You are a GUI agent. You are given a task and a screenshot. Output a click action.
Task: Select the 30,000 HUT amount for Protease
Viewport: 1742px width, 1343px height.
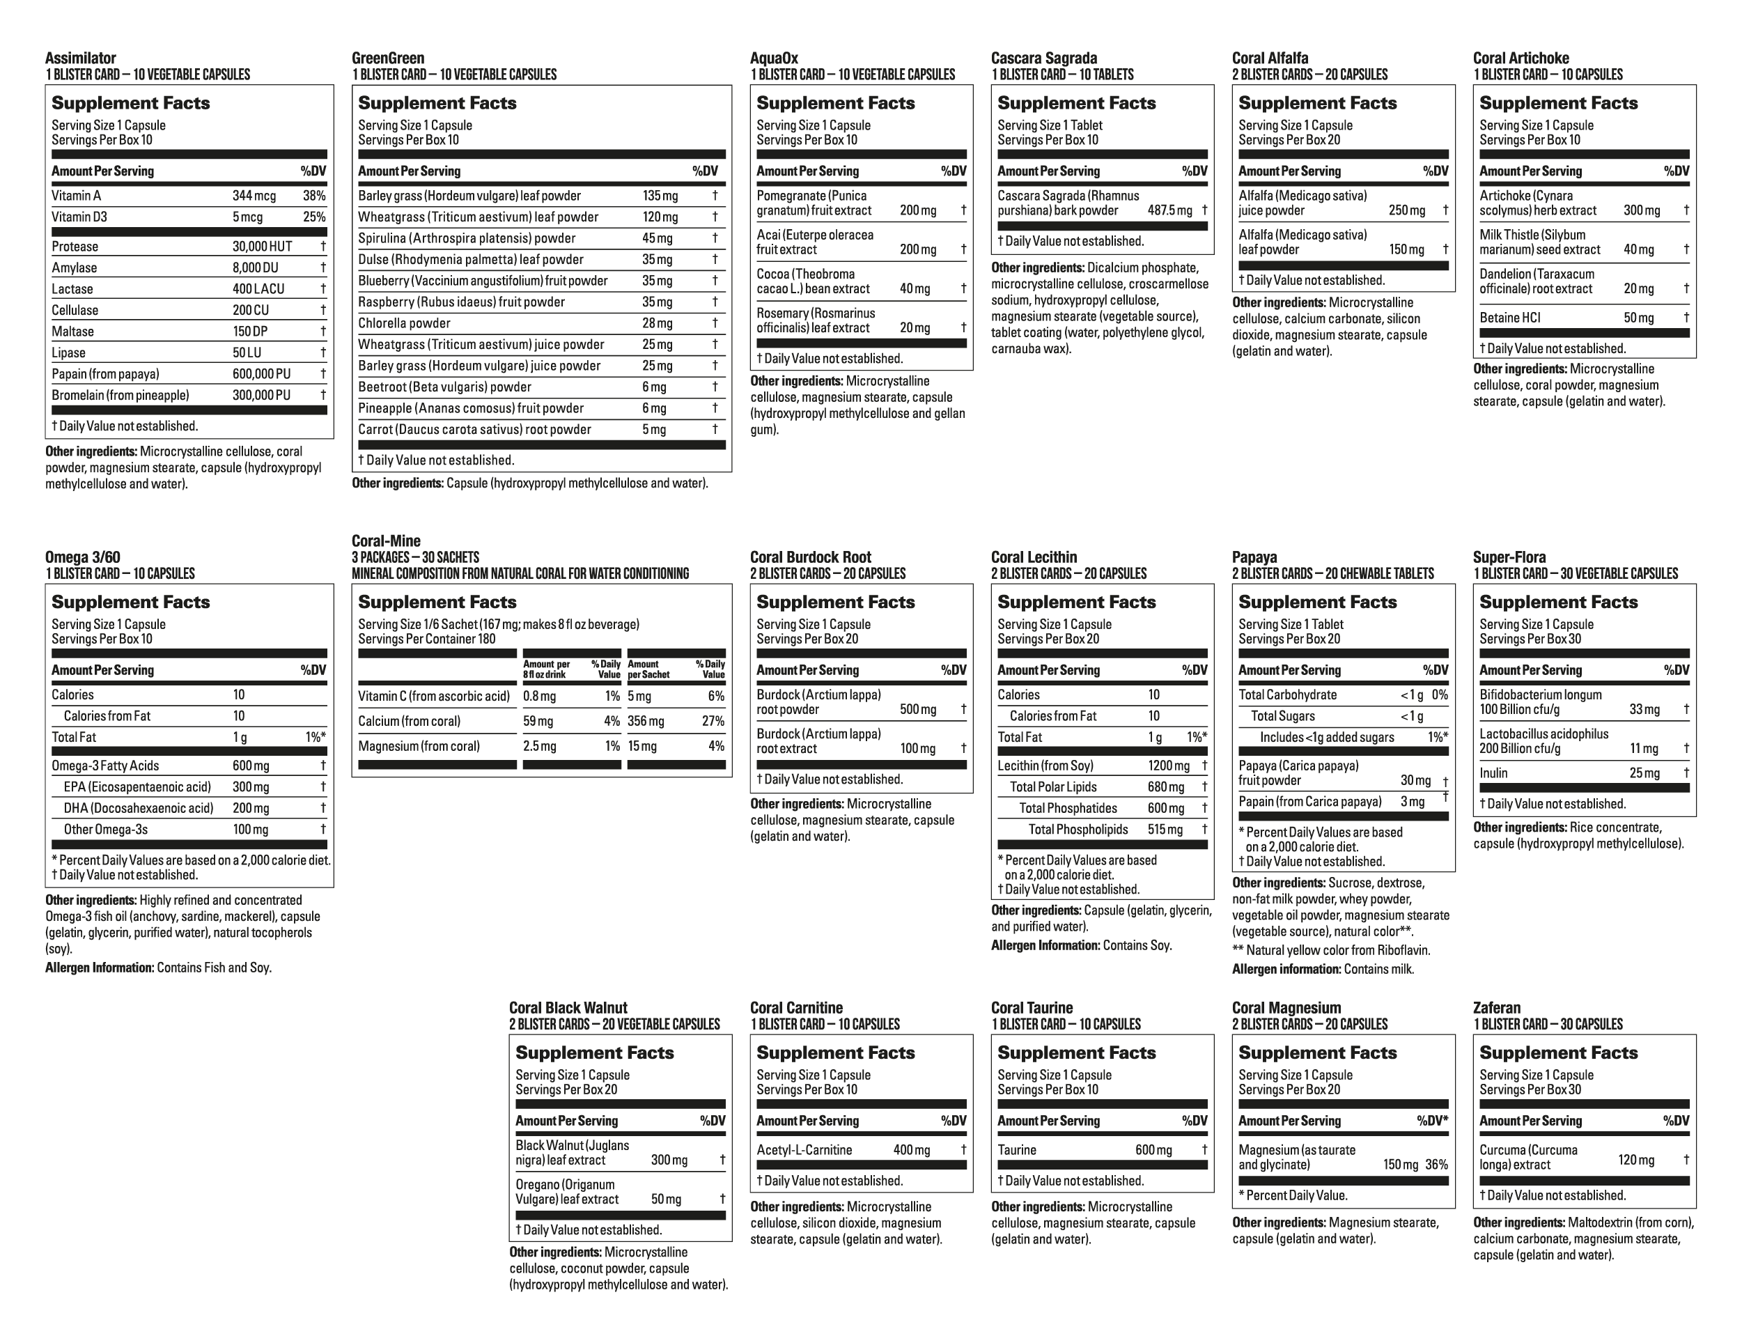click(263, 247)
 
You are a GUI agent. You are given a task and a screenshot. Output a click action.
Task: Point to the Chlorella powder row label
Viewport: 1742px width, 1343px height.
click(405, 324)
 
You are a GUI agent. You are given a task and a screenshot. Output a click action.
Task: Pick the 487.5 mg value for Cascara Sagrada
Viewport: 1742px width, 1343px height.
click(1170, 210)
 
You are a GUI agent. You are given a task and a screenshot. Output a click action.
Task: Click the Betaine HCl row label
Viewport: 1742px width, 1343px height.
click(1510, 318)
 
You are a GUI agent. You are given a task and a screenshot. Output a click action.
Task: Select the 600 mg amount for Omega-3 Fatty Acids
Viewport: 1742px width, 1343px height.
click(251, 766)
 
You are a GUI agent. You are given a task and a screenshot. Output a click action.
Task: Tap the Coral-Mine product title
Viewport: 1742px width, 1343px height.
click(386, 541)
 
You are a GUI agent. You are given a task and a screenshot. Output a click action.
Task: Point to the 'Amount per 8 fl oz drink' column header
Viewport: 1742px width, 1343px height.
click(546, 669)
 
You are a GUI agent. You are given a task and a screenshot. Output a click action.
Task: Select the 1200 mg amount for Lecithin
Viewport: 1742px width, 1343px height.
click(1169, 766)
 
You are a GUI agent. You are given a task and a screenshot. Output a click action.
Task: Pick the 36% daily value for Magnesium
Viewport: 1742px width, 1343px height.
click(1436, 1165)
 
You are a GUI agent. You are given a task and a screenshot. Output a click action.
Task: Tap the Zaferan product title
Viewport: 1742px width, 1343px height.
click(1497, 1008)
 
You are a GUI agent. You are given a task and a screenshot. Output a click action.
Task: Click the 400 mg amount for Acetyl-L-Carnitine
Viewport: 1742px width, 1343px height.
click(912, 1150)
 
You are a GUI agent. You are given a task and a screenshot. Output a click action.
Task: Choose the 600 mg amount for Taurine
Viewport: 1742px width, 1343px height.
click(1153, 1150)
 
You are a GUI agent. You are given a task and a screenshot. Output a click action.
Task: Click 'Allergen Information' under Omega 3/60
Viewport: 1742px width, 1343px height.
click(100, 968)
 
